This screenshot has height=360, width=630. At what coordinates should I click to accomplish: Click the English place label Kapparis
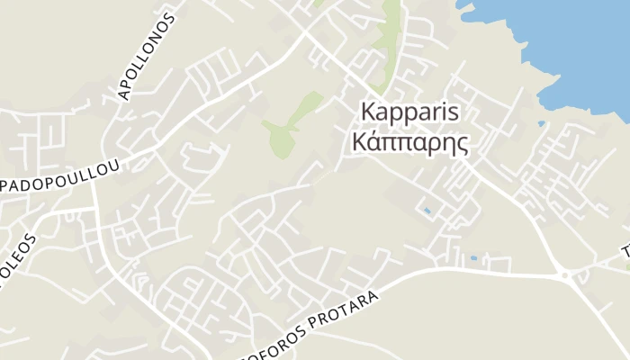(409, 113)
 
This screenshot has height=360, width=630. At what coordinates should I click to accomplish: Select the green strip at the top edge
(390, 31)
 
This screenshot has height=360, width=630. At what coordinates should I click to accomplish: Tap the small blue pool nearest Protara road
(472, 258)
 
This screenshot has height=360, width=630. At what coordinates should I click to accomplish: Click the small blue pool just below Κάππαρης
(426, 211)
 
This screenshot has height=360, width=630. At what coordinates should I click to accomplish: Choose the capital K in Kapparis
(367, 112)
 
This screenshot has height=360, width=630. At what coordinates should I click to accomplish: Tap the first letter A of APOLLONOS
(123, 94)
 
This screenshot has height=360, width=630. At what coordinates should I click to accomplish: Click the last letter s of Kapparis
(455, 113)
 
